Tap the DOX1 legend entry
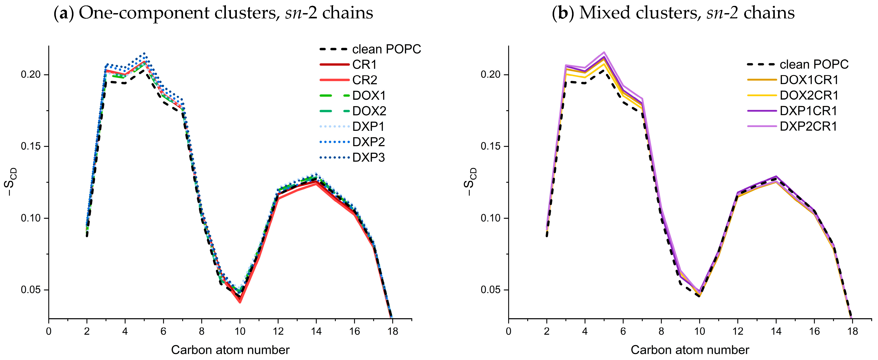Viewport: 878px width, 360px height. (x=369, y=95)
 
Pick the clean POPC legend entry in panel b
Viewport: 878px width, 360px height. (x=814, y=65)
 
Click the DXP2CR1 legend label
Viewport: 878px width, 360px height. (x=808, y=126)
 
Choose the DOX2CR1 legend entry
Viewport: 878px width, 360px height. (x=809, y=95)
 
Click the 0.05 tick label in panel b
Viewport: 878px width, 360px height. (x=490, y=290)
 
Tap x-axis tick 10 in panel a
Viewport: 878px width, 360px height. (x=240, y=331)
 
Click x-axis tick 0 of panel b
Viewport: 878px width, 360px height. (x=508, y=331)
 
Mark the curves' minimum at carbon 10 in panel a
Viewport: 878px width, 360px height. (x=240, y=300)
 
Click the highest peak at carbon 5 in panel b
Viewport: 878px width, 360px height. (x=604, y=52)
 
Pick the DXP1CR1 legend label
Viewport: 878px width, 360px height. (x=808, y=111)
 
